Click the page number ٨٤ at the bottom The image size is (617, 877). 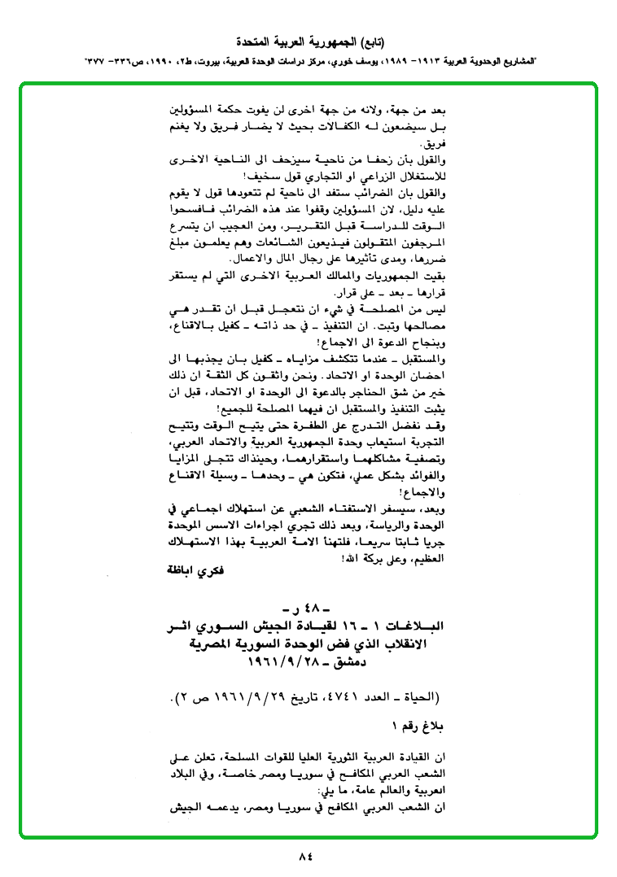(x=306, y=855)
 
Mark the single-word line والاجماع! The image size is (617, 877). (x=429, y=491)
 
